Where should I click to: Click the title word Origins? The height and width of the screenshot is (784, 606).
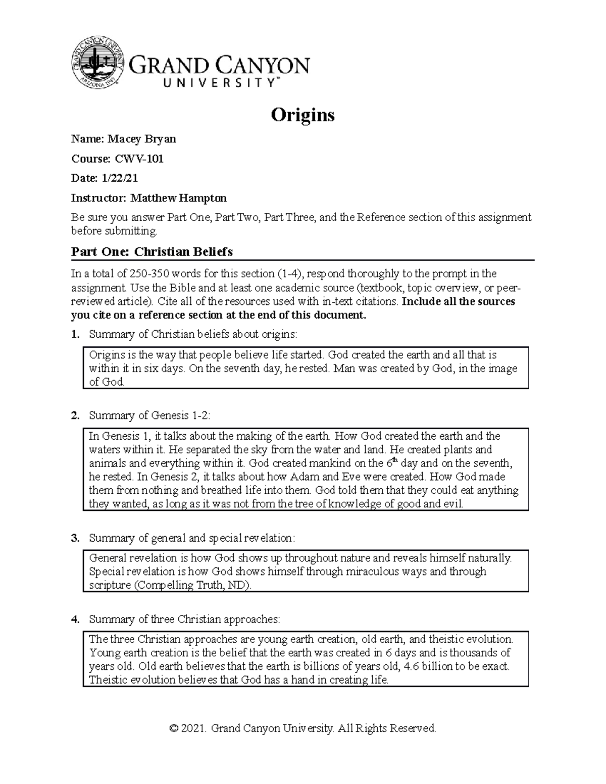tap(302, 115)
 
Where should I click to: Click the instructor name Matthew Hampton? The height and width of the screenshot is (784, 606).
tap(178, 198)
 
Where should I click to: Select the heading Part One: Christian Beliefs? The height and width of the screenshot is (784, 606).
tap(151, 251)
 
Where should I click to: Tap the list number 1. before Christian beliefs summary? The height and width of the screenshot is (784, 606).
tap(75, 334)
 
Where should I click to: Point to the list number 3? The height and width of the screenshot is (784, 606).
tap(75, 538)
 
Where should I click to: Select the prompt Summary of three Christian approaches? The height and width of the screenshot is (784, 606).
tap(184, 619)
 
